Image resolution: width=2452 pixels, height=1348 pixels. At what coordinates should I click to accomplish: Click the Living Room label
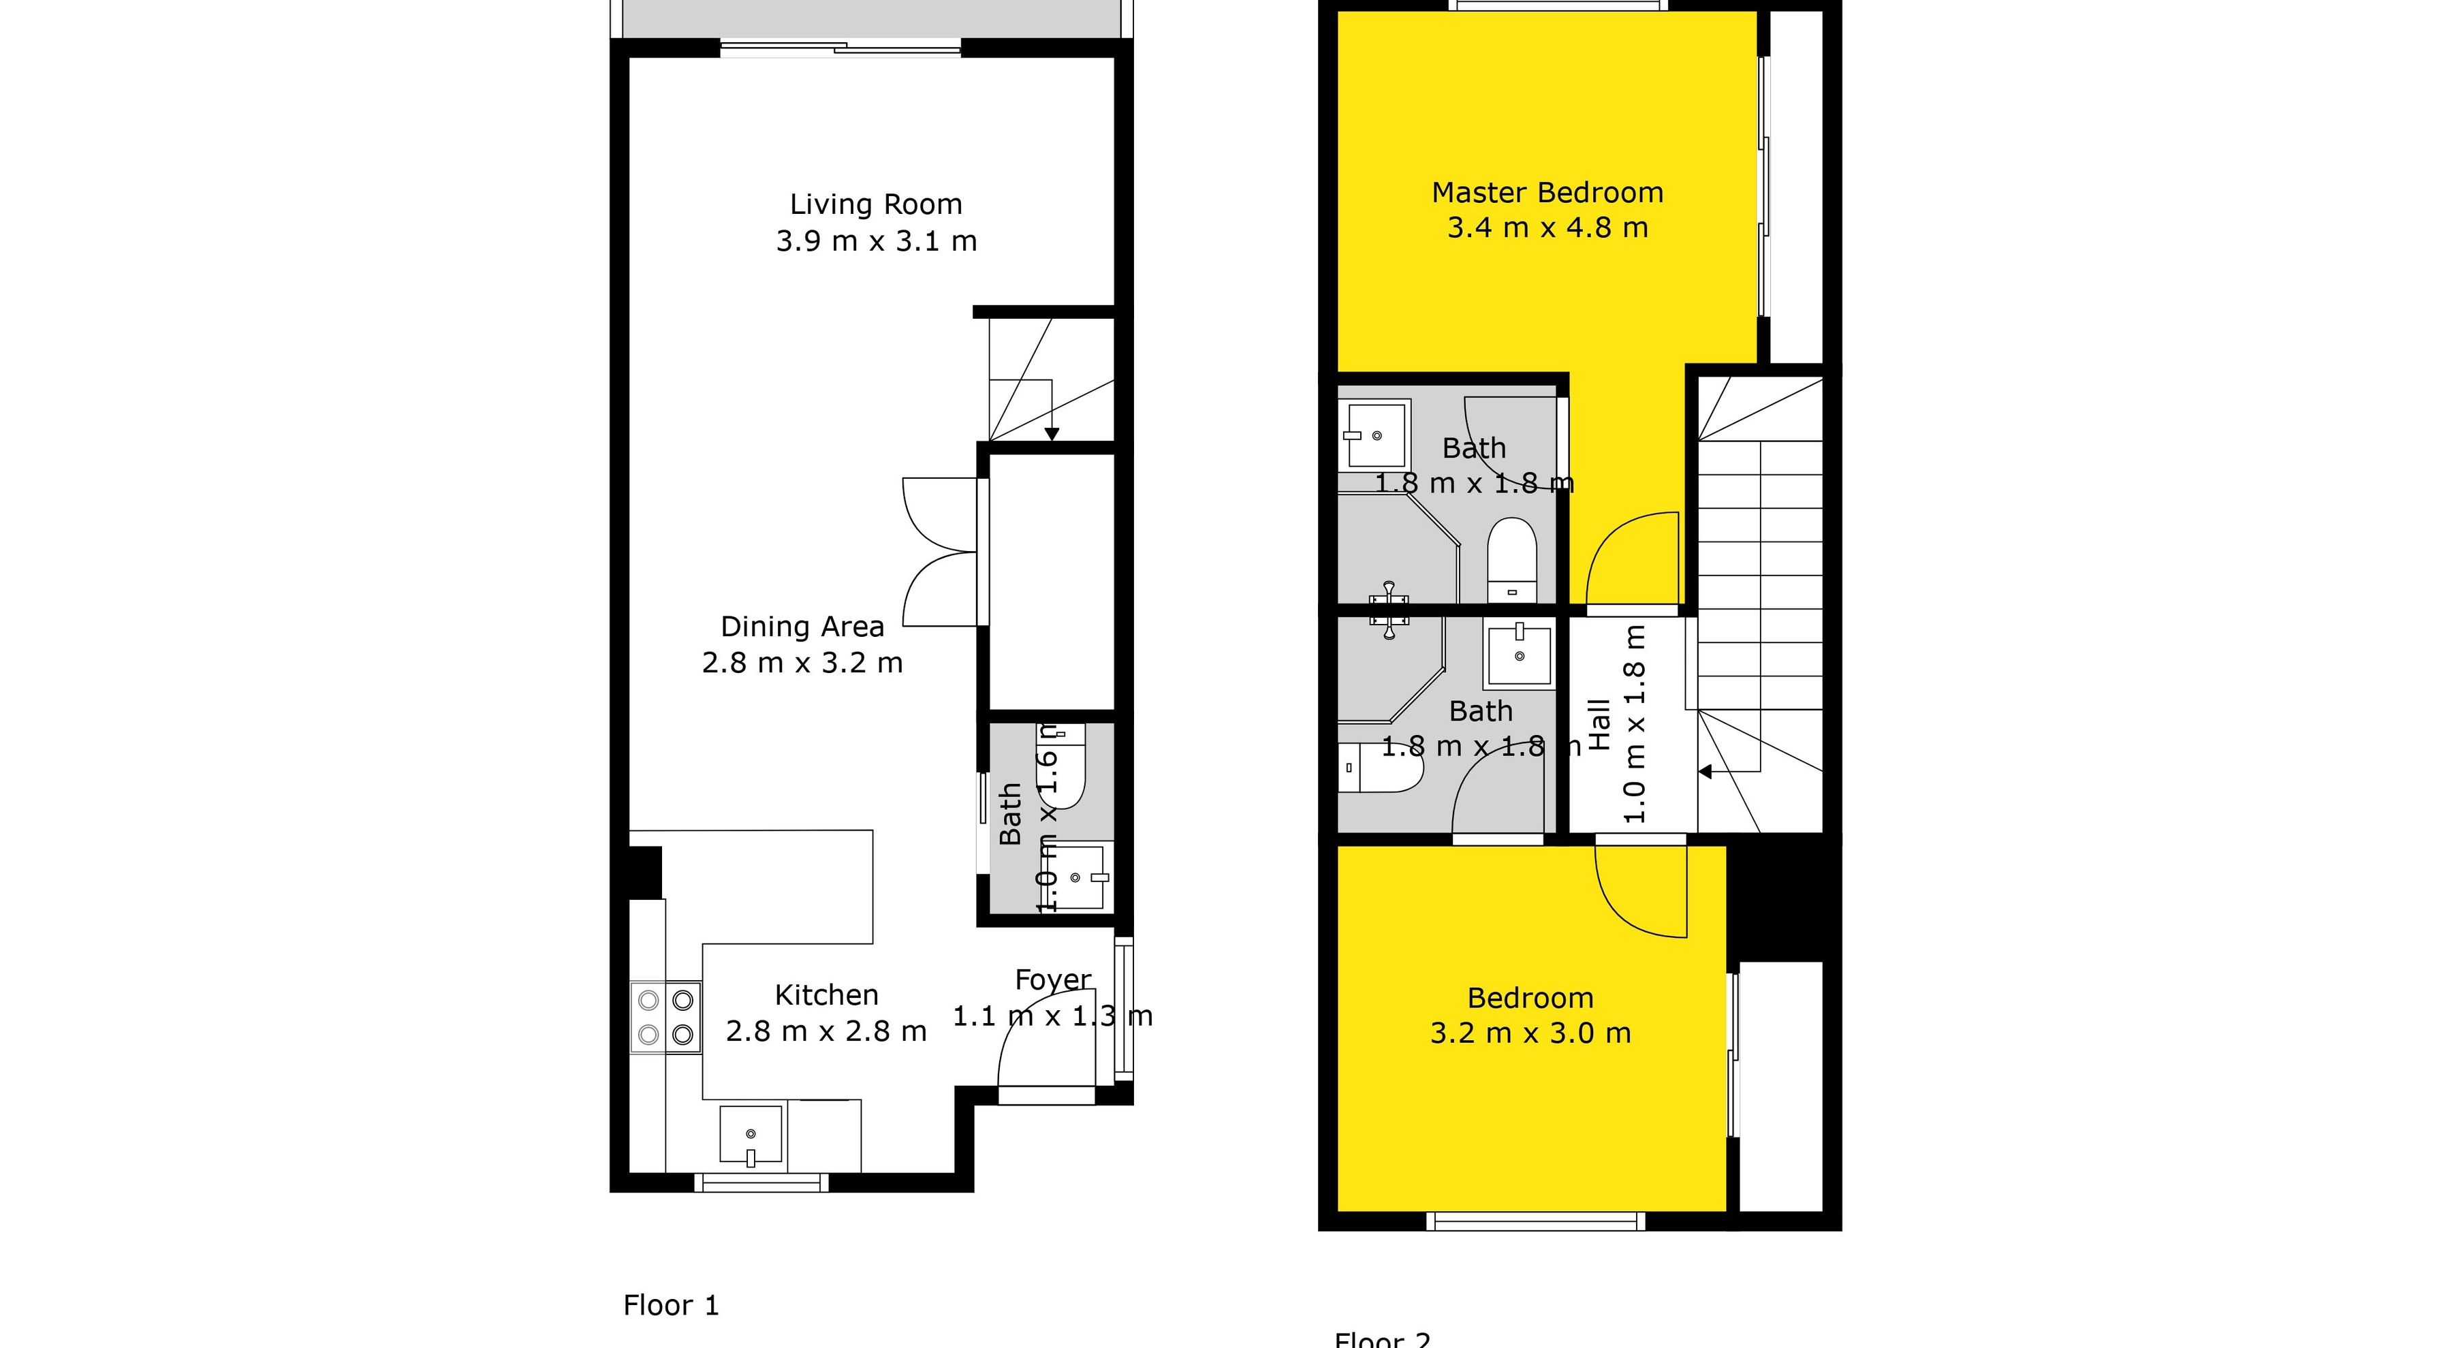876,204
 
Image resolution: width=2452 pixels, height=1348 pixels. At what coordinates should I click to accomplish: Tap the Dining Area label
802,627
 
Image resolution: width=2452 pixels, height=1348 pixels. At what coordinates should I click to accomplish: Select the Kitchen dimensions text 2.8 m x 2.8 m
826,1031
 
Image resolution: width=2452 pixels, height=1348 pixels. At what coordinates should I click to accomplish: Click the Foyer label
1053,979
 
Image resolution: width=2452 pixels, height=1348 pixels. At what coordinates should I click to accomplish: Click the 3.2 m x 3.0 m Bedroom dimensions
1530,1033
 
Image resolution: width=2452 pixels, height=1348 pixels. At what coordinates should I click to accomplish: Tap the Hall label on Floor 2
1599,725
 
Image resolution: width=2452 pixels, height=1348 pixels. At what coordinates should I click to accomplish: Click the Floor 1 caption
671,1305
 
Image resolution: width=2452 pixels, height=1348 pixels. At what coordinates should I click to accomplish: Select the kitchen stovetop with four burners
665,1017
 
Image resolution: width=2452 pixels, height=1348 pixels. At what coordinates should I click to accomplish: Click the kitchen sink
751,1134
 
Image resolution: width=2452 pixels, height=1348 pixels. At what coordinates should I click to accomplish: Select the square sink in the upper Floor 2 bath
1377,435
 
